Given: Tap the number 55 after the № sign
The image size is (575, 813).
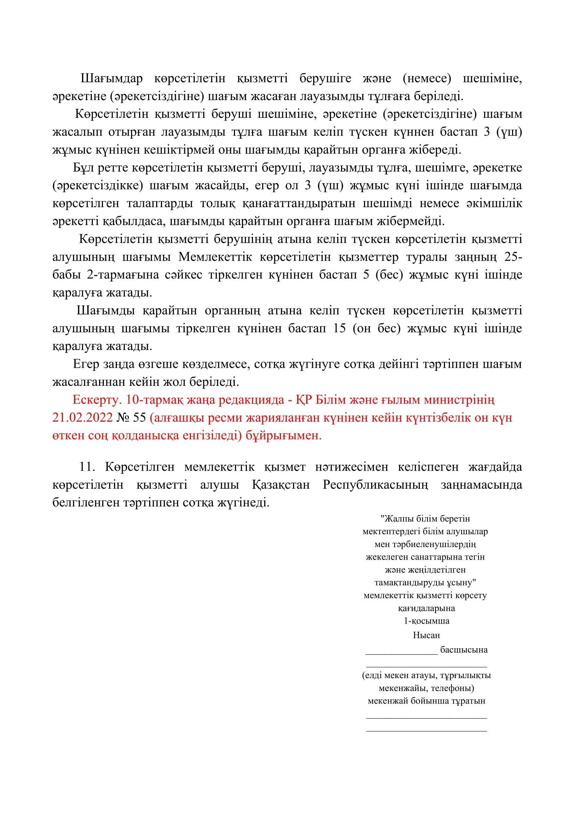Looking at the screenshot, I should click(139, 418).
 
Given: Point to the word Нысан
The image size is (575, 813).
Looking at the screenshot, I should click(426, 635).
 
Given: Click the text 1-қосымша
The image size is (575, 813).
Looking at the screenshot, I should click(427, 621).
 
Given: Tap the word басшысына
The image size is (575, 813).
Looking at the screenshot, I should click(463, 650).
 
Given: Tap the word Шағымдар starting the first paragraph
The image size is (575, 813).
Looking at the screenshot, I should click(112, 78).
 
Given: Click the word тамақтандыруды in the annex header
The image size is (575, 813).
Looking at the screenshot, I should click(404, 583).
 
